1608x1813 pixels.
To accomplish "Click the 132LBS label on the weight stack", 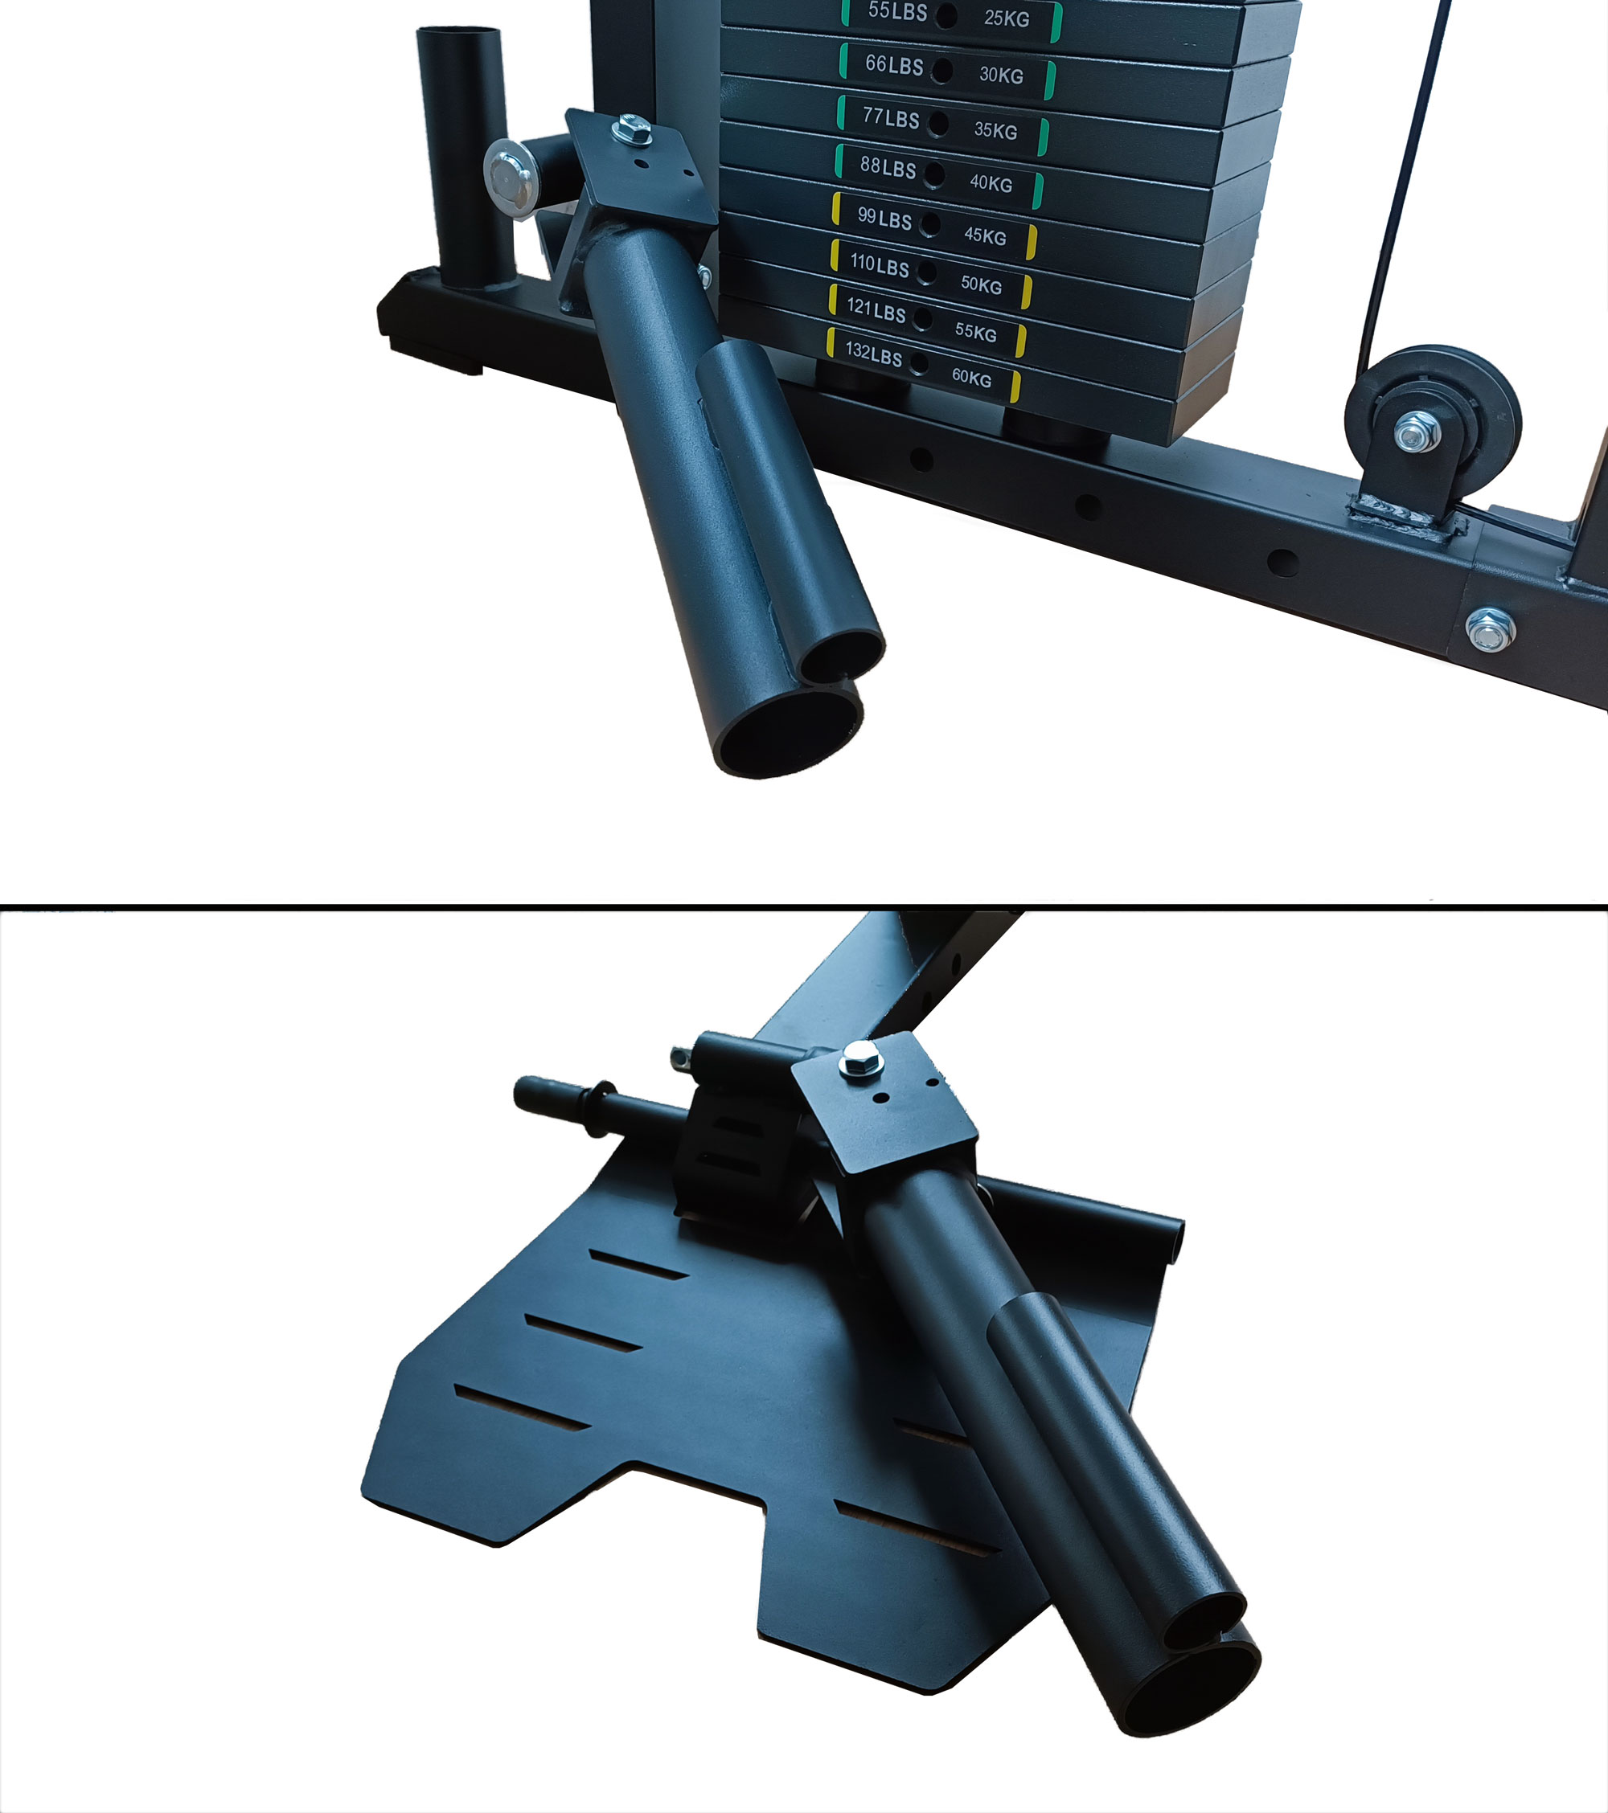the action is [x=873, y=354].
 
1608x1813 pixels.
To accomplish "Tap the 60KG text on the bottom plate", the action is [x=972, y=378].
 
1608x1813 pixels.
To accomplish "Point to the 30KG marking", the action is [x=1001, y=75].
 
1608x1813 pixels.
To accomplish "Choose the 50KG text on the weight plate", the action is [x=981, y=284].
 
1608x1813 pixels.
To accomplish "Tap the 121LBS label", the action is [x=876, y=310].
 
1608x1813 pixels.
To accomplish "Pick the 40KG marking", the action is [x=991, y=182].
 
